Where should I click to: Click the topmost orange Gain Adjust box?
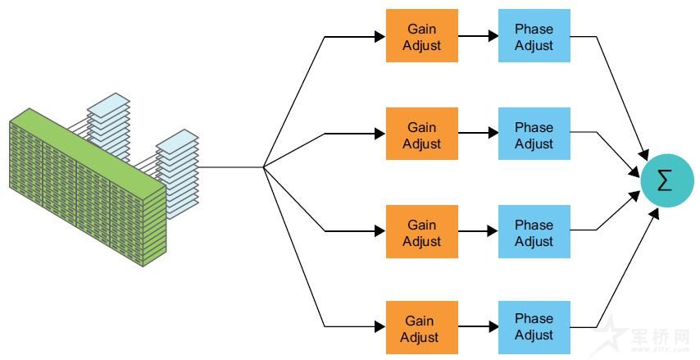422,37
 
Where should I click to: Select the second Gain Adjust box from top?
422,135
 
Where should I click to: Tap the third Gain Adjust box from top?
422,233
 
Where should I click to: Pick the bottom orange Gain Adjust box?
421,327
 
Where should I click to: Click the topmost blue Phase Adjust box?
534,37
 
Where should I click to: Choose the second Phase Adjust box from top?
534,135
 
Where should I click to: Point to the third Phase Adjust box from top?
534,233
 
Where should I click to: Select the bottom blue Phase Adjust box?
534,326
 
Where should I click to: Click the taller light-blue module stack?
109,127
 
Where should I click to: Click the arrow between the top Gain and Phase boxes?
478,37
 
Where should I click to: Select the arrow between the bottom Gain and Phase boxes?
478,327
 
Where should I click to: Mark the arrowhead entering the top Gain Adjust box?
380,37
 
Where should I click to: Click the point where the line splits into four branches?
263,167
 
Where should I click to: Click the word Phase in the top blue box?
534,29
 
